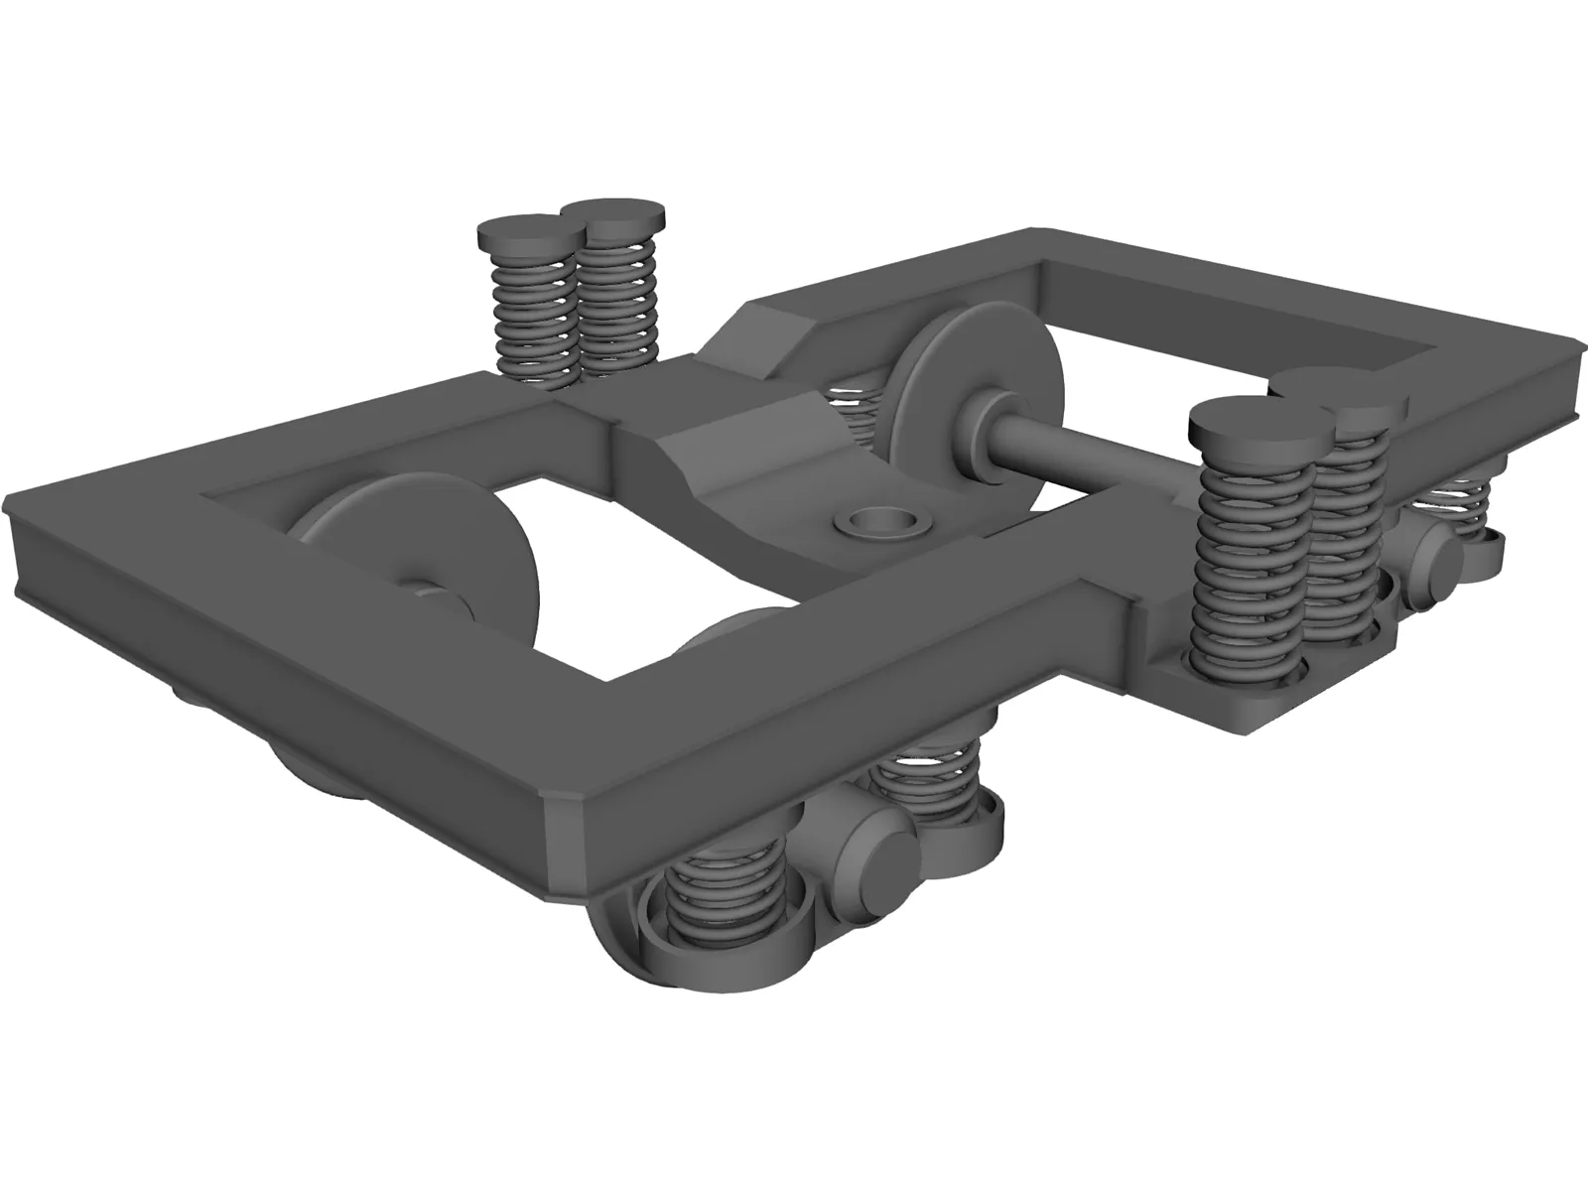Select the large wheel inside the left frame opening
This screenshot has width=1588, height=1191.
pos(427,556)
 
